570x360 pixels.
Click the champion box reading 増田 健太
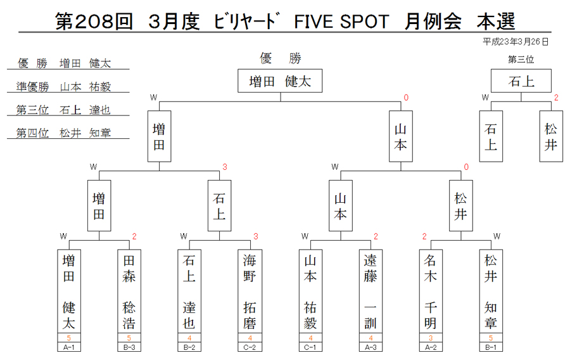280,80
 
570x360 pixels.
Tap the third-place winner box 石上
521,80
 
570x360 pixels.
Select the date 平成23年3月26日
516,42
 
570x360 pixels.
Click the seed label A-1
68,347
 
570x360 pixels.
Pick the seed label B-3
129,347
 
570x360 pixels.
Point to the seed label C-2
250,347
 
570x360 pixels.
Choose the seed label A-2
431,347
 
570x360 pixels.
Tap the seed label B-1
491,347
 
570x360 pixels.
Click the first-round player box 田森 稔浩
129,292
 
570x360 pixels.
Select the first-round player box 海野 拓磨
250,292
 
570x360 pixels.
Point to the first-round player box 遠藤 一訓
370,292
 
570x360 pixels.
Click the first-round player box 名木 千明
431,292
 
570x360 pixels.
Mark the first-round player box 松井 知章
491,292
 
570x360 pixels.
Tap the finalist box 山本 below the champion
401,136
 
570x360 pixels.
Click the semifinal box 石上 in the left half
219,205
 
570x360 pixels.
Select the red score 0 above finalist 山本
406,98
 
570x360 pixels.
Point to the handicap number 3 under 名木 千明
431,338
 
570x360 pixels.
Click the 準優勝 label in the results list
32,87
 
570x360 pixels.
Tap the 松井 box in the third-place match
551,136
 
